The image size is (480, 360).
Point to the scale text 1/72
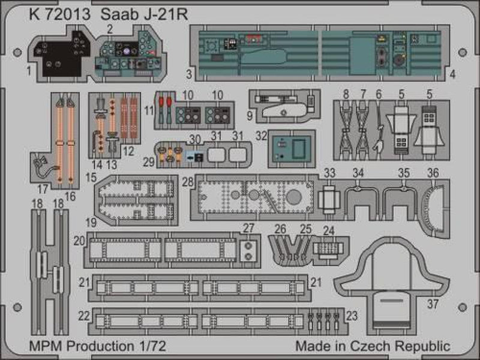(x=149, y=347)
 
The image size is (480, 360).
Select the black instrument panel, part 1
(x=60, y=57)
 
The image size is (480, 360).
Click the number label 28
(x=188, y=181)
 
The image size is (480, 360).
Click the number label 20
(x=78, y=241)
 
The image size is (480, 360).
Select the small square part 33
(x=328, y=196)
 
